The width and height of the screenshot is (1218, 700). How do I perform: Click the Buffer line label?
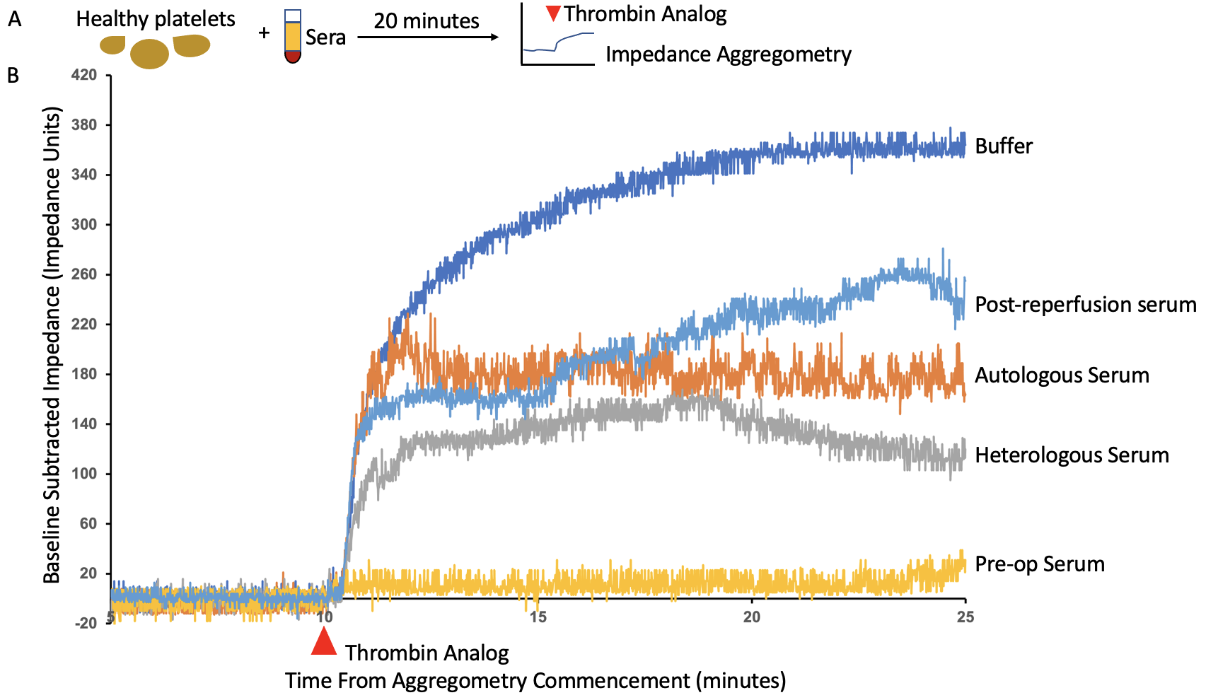1003,146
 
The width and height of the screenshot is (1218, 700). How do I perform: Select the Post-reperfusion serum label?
1085,305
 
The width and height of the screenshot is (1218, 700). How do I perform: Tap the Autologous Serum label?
1062,375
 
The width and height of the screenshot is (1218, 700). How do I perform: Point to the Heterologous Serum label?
1072,455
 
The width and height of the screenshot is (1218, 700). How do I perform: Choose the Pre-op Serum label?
1039,564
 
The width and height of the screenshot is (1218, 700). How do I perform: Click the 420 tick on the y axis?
84,75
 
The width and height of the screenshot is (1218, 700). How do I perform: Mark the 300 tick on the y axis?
84,225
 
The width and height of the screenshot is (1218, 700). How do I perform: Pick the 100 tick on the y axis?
84,474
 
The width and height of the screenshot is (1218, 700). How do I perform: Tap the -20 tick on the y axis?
86,623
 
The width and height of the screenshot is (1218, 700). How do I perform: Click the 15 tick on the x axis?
538,617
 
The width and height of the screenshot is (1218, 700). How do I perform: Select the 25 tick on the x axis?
965,617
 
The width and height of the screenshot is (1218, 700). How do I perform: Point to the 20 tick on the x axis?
751,617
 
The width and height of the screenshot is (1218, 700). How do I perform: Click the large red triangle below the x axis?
324,642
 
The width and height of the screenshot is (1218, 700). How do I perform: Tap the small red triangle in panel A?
553,13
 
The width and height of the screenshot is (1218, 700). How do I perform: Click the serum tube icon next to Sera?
292,37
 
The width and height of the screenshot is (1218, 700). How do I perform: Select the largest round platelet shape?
149,54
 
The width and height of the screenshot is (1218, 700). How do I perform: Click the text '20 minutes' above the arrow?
427,21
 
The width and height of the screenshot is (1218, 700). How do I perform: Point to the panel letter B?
13,75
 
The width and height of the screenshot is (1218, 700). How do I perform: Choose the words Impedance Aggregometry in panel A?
728,54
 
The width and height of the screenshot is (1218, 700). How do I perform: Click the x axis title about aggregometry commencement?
535,681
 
